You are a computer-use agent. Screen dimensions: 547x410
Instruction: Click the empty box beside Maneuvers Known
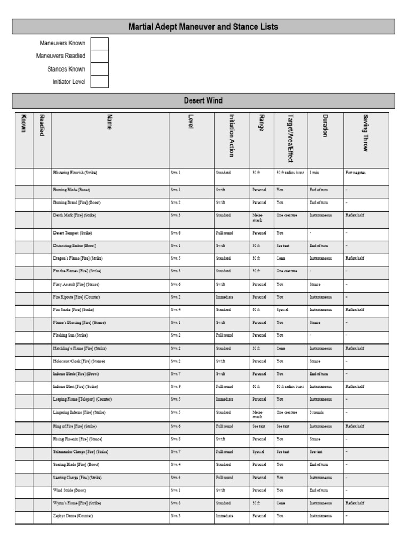tap(99, 43)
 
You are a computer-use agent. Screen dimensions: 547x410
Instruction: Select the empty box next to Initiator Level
tap(99, 82)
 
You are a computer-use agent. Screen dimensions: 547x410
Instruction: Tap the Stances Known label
tap(66, 69)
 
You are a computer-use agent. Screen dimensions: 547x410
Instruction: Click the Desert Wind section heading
tap(203, 101)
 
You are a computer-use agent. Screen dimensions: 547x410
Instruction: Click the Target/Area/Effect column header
tap(290, 138)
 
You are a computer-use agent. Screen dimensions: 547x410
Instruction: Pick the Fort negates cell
tap(356, 173)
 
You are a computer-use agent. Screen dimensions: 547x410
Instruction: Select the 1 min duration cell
tap(314, 173)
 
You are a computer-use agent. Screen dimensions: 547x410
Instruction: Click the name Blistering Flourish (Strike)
tap(75, 173)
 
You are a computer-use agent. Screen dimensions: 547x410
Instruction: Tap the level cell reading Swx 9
tap(176, 386)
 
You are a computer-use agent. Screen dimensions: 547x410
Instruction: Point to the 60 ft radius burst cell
tap(290, 386)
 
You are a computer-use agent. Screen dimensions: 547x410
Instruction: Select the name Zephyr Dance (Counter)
tap(73, 516)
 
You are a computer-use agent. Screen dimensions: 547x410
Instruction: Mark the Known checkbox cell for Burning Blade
tap(23, 190)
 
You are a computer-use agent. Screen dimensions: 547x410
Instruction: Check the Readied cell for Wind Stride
tap(42, 490)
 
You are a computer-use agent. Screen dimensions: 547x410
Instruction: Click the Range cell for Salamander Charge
tap(258, 452)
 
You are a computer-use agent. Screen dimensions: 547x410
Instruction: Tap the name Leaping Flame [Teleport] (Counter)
tap(82, 399)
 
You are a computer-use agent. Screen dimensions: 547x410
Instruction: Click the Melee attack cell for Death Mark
tap(258, 217)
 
